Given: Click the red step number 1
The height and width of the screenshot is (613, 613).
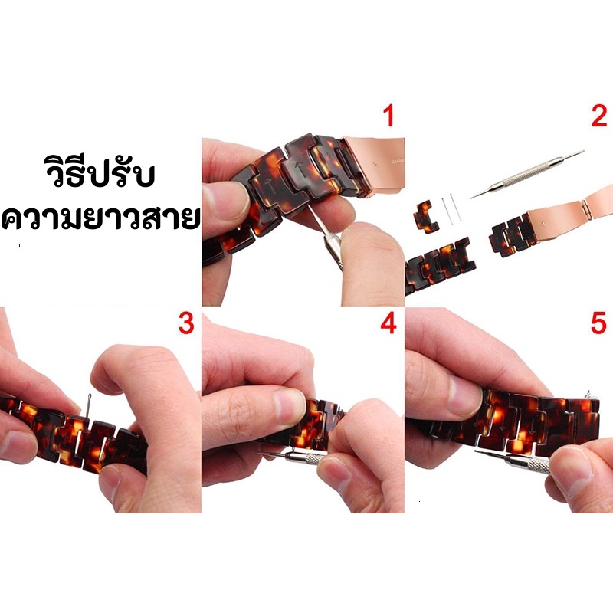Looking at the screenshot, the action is click(x=388, y=116).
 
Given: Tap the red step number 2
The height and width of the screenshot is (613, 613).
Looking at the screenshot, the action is click(x=599, y=116).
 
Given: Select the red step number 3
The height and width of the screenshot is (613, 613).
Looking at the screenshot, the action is click(x=186, y=323).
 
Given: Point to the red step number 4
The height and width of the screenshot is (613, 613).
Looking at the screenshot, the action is click(x=388, y=323).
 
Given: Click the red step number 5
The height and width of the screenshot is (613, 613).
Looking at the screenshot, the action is click(x=598, y=323).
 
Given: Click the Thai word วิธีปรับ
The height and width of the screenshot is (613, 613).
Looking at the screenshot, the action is click(x=100, y=172).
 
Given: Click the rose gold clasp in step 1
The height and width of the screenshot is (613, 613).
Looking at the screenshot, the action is click(x=373, y=163).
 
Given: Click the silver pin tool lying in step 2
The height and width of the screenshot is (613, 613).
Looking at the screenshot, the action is click(x=528, y=174).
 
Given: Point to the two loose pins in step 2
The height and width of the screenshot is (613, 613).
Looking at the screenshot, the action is click(x=451, y=209).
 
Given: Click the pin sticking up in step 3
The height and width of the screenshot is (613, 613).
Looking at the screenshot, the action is click(x=88, y=408).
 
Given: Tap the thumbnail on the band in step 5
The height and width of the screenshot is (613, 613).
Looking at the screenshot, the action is click(x=465, y=392).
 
